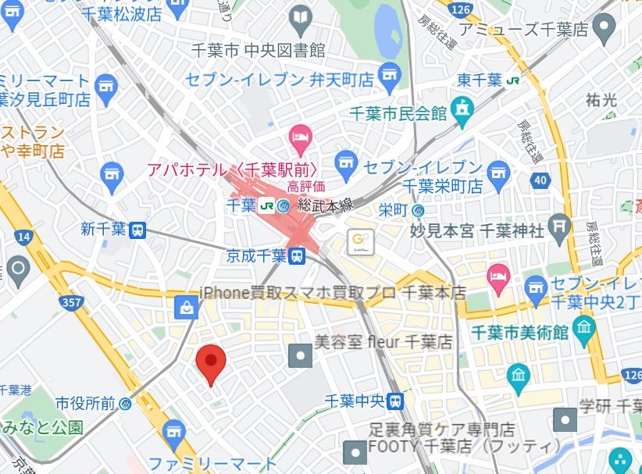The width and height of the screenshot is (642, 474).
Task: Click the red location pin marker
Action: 210,363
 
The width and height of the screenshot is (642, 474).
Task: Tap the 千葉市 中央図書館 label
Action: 259,50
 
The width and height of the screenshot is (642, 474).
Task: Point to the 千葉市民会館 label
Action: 398,113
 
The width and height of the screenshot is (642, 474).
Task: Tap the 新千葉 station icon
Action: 137,230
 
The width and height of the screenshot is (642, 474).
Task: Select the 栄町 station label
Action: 394,209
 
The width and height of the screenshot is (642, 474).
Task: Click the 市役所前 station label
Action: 86,404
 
